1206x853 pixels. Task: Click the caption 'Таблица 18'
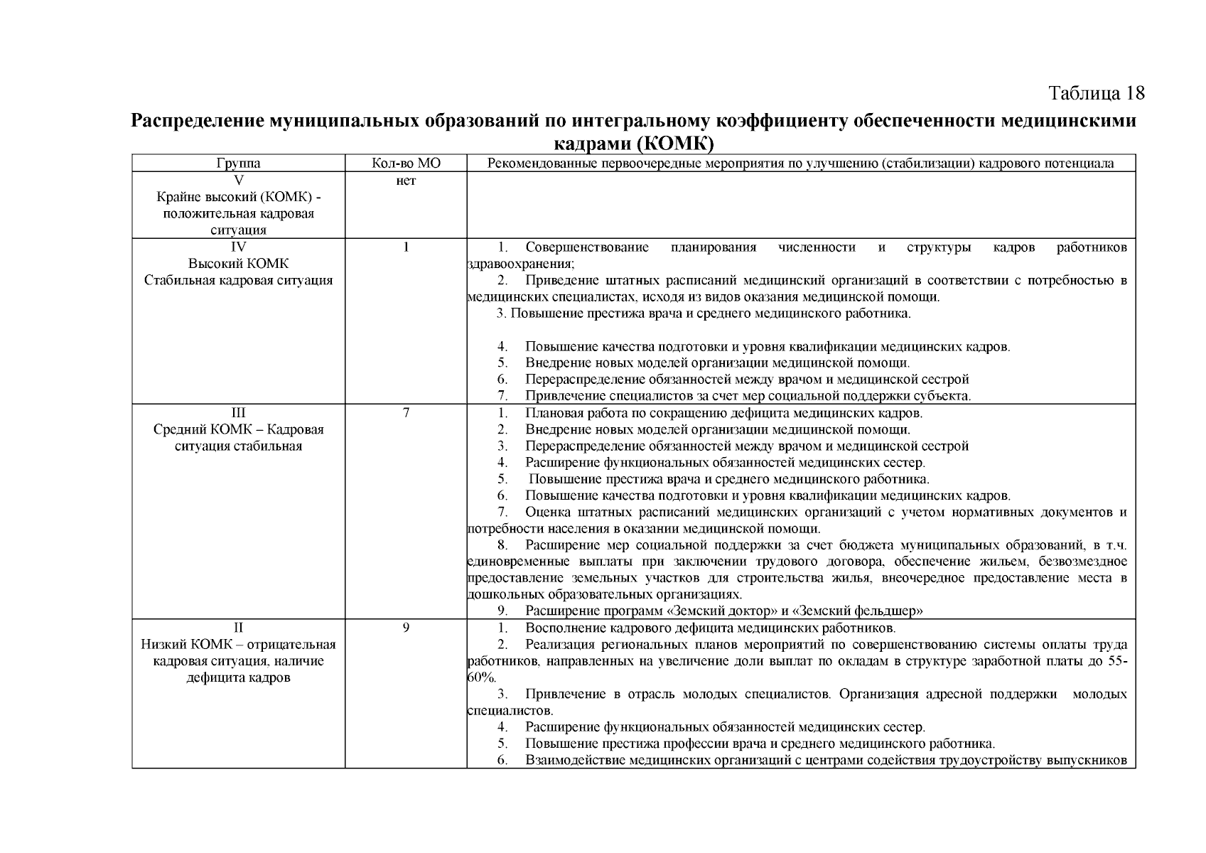[x=1097, y=93]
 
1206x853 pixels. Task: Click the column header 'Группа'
[x=238, y=163]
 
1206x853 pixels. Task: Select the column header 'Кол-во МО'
[x=406, y=163]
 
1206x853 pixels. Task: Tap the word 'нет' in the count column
[x=406, y=181]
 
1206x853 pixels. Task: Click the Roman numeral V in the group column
[x=238, y=181]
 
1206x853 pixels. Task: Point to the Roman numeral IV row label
[x=238, y=247]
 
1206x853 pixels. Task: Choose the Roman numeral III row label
[x=238, y=413]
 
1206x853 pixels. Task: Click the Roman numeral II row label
[x=238, y=628]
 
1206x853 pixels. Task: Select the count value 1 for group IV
[x=406, y=247]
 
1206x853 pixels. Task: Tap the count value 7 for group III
[x=406, y=413]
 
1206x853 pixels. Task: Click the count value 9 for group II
[x=406, y=628]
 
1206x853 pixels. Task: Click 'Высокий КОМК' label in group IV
[x=238, y=264]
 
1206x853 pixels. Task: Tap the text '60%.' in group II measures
[x=482, y=677]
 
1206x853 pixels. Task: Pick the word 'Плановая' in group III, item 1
[x=553, y=413]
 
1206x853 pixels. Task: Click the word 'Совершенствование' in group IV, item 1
[x=587, y=247]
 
